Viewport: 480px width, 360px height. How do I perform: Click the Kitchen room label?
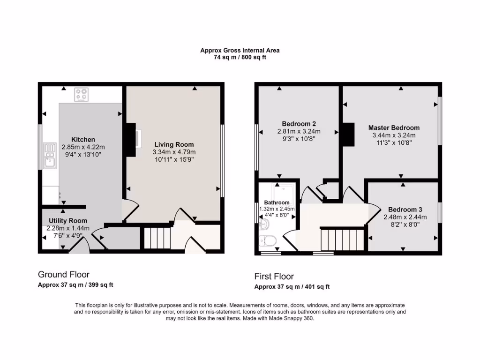(83, 139)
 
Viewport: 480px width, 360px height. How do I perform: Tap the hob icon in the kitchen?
(82, 95)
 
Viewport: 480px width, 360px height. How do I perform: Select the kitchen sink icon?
(49, 155)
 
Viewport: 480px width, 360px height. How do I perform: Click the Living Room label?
(174, 144)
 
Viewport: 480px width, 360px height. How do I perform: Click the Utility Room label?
(67, 221)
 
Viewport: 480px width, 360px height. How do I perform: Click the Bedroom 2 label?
(299, 124)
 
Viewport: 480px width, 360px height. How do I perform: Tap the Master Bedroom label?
(394, 127)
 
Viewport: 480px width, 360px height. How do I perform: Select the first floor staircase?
(342, 240)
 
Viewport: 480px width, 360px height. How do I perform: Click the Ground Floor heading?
(63, 275)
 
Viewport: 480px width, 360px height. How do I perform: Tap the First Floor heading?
(274, 276)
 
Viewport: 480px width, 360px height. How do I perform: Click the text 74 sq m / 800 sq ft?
(240, 57)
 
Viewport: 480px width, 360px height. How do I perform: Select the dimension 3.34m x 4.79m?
(174, 152)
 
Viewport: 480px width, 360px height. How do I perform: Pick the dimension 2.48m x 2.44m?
(405, 217)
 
